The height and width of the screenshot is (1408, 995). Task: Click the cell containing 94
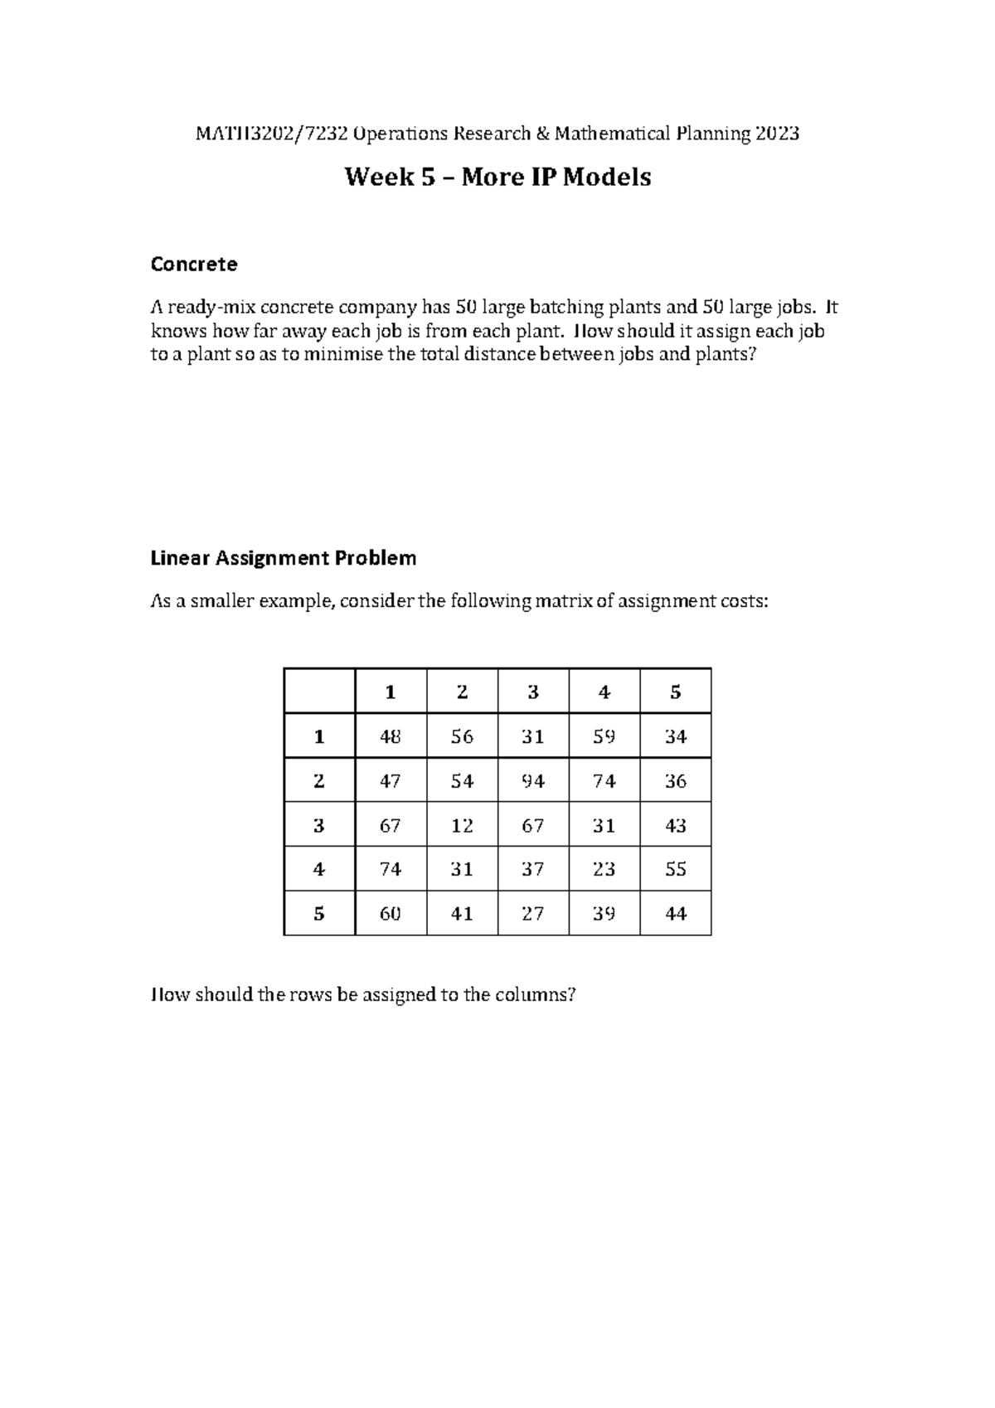(x=533, y=780)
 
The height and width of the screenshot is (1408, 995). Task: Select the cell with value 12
(x=462, y=825)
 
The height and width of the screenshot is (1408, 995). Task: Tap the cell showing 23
(x=604, y=869)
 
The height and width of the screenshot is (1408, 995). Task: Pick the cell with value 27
(x=533, y=914)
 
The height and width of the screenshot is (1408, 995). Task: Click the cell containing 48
(x=391, y=736)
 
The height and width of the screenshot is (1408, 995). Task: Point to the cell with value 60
(x=391, y=914)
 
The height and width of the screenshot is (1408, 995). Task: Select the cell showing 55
(x=676, y=869)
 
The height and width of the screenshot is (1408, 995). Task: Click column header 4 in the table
(x=604, y=692)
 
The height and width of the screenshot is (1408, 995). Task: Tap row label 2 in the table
(x=319, y=780)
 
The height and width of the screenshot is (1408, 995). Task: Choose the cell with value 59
(x=604, y=736)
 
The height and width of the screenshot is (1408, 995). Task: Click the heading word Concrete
(x=193, y=265)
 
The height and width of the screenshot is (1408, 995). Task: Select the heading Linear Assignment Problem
(x=283, y=558)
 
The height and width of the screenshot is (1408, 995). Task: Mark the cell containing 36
(x=676, y=780)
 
